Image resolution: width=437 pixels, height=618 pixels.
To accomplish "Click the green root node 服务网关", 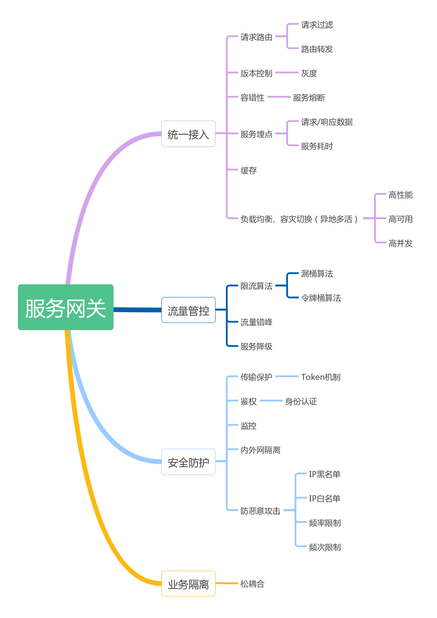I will tap(66, 307).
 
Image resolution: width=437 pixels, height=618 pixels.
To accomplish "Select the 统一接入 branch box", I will tap(188, 134).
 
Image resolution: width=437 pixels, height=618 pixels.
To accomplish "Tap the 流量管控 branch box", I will tap(188, 310).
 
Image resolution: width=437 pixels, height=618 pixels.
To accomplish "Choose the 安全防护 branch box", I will tap(188, 462).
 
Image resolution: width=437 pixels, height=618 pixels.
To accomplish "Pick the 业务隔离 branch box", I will tap(188, 584).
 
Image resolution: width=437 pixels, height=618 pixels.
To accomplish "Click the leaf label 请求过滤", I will tap(317, 25).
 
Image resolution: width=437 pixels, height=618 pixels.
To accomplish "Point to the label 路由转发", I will tap(317, 49).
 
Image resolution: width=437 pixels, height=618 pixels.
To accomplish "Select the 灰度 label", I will tap(309, 73).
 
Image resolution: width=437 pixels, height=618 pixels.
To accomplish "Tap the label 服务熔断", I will tap(309, 98).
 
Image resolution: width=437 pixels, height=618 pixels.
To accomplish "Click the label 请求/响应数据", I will tap(327, 122).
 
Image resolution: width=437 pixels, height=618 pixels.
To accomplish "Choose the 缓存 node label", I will tap(249, 170).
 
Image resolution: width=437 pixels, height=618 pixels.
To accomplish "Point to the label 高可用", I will tap(400, 219).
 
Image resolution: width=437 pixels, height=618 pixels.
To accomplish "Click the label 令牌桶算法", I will tap(321, 298).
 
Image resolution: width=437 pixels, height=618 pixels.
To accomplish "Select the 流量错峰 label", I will tap(256, 322).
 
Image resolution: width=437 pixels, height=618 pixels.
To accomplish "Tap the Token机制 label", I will tap(321, 377).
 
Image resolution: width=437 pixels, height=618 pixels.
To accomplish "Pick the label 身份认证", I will tap(301, 401).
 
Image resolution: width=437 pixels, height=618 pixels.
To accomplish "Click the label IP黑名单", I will tap(324, 474).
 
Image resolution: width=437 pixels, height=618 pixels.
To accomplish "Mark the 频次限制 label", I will tap(325, 547).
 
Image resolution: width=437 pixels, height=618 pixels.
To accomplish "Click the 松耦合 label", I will tap(252, 584).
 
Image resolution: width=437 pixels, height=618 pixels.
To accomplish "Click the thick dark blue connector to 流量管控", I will tap(137, 309).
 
